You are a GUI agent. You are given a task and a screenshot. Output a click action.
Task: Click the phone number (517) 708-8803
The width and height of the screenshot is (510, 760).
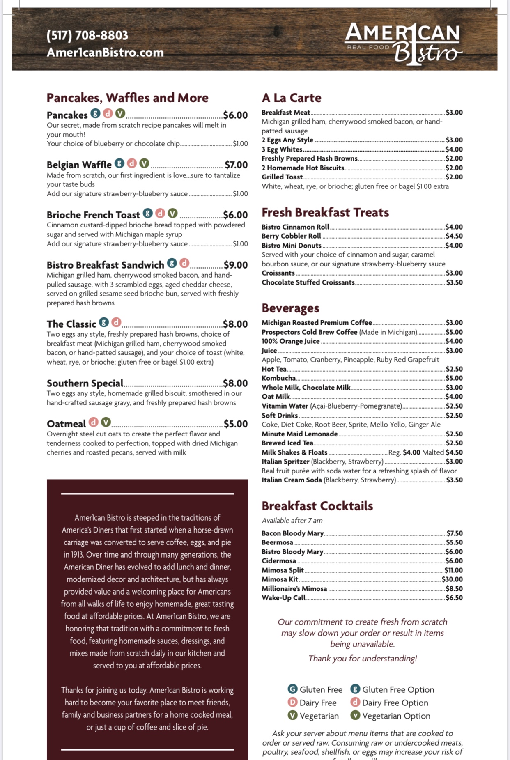click(87, 36)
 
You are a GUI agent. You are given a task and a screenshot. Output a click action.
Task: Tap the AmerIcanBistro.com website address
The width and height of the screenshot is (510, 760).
click(105, 53)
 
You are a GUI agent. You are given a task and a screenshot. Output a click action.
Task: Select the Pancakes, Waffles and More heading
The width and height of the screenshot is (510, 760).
click(127, 98)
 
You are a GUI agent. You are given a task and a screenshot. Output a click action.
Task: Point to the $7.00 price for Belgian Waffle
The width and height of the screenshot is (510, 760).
click(236, 165)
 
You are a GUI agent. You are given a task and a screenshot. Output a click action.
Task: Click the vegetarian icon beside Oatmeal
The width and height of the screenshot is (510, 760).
click(106, 422)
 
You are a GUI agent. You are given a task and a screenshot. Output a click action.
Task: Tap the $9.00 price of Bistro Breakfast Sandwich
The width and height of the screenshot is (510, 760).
click(236, 265)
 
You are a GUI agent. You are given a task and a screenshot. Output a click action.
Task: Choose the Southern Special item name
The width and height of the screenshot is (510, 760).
click(85, 383)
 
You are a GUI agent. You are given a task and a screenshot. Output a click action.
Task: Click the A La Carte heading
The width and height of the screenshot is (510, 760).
click(292, 98)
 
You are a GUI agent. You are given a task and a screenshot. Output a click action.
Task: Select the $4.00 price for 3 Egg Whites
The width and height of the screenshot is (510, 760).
click(454, 149)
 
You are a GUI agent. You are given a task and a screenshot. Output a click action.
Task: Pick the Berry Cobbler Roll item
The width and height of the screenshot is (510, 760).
click(292, 236)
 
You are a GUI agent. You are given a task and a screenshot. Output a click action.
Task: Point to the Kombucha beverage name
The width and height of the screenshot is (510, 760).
click(279, 378)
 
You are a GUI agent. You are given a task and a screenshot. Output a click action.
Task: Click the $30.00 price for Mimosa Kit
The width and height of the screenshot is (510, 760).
click(452, 579)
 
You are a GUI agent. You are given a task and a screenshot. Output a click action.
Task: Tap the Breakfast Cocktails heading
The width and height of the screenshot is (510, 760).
click(317, 506)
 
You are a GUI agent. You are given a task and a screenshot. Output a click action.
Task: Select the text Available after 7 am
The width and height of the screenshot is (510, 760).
click(292, 521)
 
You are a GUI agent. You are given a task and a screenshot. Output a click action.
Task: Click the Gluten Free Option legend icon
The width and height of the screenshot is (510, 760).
click(355, 689)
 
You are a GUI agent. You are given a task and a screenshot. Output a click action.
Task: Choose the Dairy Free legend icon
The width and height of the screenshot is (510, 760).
click(292, 703)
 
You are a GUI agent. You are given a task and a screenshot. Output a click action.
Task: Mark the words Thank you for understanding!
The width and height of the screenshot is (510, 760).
click(363, 659)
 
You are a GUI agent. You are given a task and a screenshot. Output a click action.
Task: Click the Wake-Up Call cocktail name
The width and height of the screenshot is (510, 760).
click(284, 598)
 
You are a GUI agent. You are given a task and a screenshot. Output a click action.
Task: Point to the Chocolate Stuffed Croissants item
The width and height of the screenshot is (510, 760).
click(308, 282)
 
